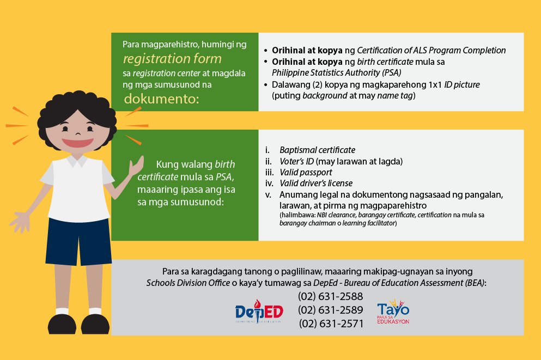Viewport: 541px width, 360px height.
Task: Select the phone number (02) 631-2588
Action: (330, 297)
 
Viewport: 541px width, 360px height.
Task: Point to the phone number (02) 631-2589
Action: (330, 310)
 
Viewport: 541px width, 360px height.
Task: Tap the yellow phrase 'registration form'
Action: (172, 58)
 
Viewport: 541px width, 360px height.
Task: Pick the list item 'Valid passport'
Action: (305, 172)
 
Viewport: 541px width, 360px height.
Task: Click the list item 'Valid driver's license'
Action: (316, 183)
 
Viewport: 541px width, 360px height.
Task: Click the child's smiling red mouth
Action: (77, 143)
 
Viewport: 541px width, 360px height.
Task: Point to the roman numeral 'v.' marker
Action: (268, 194)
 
